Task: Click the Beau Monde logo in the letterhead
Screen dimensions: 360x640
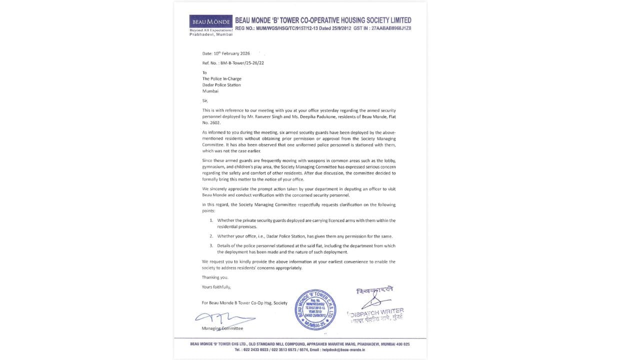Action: [x=211, y=22]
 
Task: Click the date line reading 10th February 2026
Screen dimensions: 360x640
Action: [x=226, y=53]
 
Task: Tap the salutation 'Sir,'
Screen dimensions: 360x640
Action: [x=204, y=100]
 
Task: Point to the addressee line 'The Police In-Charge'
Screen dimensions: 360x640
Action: [x=221, y=79]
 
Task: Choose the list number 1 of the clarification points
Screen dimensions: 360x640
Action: [x=211, y=220]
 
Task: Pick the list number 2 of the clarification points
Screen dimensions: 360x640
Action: [x=211, y=236]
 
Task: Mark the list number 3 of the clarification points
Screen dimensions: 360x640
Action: [x=211, y=245]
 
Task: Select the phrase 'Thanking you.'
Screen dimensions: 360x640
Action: [x=215, y=277]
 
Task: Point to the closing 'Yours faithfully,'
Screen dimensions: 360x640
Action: [x=216, y=287]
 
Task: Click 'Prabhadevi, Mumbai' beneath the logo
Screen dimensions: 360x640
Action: [x=211, y=34]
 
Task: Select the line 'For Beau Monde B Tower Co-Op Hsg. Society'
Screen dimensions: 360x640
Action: [x=244, y=303]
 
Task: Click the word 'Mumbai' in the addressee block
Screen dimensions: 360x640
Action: [x=210, y=91]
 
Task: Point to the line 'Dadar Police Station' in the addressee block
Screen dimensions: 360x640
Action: [x=221, y=85]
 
